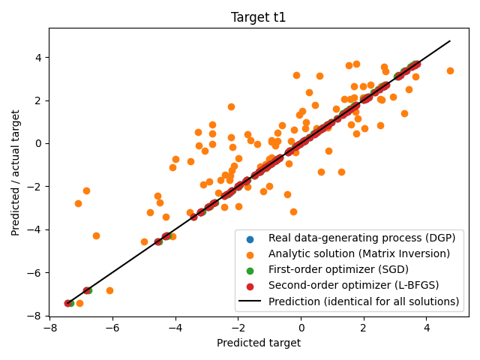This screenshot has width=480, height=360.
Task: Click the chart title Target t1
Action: pos(259,17)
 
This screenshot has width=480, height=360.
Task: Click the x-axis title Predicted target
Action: pos(259,343)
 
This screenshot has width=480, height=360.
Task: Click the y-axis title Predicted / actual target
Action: pos(16,172)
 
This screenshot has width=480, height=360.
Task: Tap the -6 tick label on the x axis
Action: pos(112,328)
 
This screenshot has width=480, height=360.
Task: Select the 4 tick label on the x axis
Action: pos(426,328)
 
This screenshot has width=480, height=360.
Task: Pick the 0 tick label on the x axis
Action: pos(301,328)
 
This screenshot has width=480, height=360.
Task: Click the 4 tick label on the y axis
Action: pos(37,57)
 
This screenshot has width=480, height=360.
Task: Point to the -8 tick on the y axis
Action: pos(34,316)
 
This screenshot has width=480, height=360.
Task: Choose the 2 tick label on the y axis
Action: pos(37,100)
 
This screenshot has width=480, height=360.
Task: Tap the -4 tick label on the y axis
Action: pos(34,229)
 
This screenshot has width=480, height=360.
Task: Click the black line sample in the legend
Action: pos(250,301)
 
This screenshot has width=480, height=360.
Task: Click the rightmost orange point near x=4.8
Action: pos(450,70)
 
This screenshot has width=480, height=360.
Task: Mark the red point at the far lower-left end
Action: pos(67,303)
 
